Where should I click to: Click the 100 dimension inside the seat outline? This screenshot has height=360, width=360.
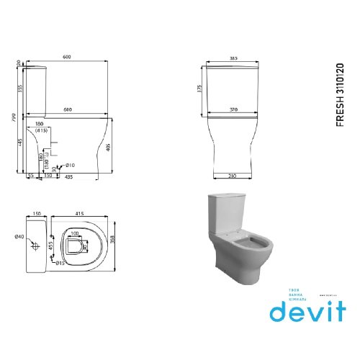coord(76,234)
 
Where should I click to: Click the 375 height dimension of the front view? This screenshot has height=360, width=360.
coord(201,89)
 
